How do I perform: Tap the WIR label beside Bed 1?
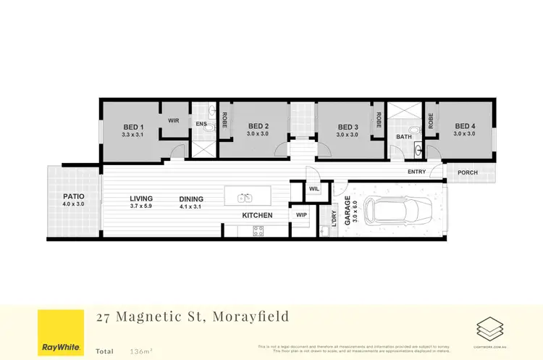174,121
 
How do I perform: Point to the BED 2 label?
258,127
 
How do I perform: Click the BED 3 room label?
348,127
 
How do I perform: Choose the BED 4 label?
464,127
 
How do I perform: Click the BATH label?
403,137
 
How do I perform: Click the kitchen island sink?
245,197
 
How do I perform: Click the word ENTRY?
417,172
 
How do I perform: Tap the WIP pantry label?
302,215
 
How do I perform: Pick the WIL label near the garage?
313,188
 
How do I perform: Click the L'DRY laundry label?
334,217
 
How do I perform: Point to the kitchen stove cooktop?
257,231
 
